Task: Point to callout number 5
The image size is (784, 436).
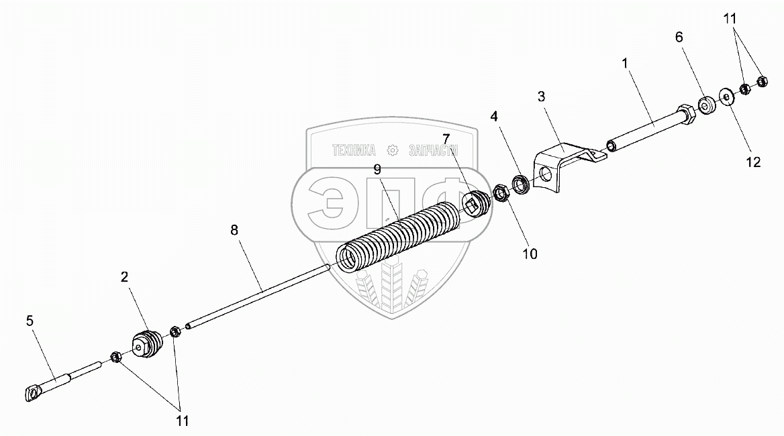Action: (x=29, y=321)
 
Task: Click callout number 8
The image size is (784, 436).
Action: (x=234, y=230)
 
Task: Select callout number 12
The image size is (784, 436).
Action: (x=753, y=162)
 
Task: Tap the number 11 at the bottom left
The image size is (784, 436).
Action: (x=182, y=421)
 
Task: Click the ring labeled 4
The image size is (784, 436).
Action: (x=520, y=182)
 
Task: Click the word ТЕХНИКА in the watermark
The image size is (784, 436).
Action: (x=354, y=151)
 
